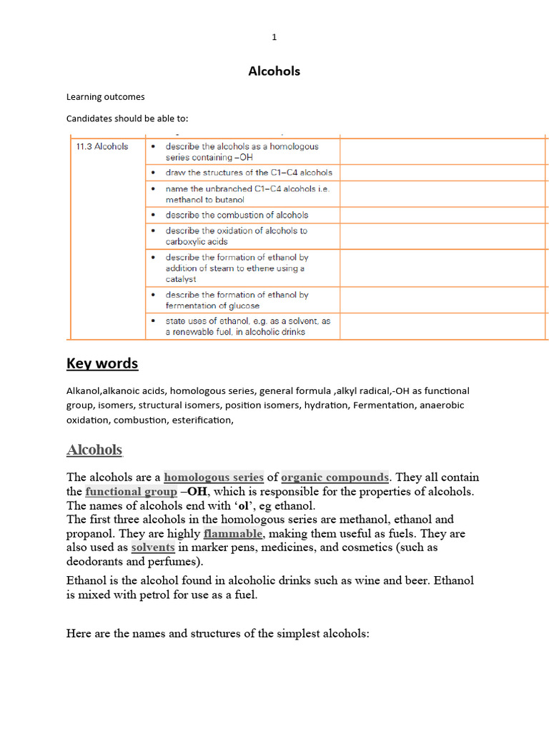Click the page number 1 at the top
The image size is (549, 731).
coord(274,38)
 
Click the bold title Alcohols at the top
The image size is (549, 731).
coord(274,71)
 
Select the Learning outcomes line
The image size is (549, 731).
coord(105,96)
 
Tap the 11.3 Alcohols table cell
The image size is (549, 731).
coord(102,146)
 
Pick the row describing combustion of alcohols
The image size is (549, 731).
coord(237,215)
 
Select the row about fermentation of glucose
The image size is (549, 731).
coord(237,300)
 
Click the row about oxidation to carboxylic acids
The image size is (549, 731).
coord(236,236)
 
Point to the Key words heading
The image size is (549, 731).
coord(102,363)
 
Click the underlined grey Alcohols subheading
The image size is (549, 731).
coord(94,450)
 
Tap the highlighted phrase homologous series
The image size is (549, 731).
coord(214,477)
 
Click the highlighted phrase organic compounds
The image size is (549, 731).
coord(335,477)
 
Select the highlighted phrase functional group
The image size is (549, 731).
coord(131,491)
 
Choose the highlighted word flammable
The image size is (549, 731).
coord(234,533)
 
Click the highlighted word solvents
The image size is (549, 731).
coord(153,548)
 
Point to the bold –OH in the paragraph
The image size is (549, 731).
coord(193,491)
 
